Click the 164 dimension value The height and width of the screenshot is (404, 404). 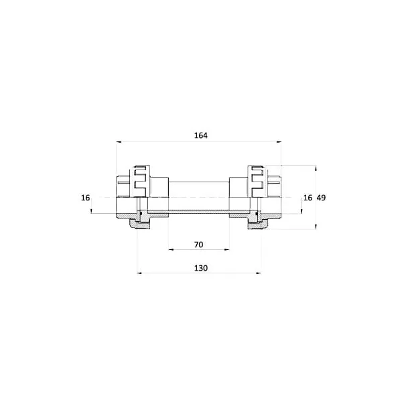coord(201,135)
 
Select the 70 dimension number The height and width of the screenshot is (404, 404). coord(198,245)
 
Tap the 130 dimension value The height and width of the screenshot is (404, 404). coord(201,268)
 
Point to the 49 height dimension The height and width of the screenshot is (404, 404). coord(321,198)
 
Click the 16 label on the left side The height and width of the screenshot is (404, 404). coord(86,198)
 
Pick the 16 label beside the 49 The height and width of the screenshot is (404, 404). coord(308,198)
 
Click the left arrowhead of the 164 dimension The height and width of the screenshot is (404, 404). coord(119,142)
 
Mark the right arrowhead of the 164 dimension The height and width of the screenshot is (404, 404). coord(279,142)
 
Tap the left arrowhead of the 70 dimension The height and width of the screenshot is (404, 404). coord(172,249)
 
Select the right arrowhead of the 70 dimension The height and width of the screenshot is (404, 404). coord(226,249)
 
